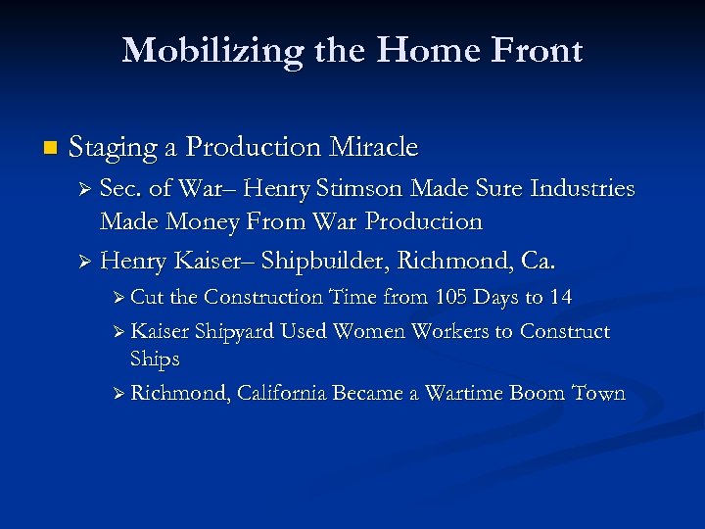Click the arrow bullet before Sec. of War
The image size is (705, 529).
coord(84,189)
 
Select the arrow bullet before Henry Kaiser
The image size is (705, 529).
coord(84,263)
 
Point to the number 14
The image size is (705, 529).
coord(561,297)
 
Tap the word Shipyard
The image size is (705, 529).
coord(237,332)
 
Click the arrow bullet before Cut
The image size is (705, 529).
coord(117,298)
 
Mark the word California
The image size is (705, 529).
coord(282,394)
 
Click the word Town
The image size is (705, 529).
coord(598,393)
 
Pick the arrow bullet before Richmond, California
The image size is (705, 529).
coord(117,394)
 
